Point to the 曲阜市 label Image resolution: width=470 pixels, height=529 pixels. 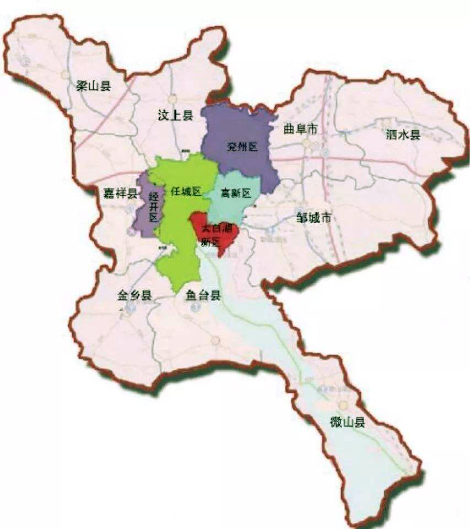click(301, 129)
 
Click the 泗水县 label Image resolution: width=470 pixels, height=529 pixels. click(403, 135)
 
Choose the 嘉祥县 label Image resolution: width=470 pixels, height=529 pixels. click(120, 193)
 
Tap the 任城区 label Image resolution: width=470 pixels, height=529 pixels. click(186, 191)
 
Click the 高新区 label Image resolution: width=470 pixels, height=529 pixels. click(235, 193)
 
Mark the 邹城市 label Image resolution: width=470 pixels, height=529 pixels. click(314, 218)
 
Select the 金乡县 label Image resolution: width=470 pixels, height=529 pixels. click(134, 295)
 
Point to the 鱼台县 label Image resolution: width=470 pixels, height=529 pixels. click(203, 295)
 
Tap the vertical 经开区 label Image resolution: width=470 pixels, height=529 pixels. click(153, 207)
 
